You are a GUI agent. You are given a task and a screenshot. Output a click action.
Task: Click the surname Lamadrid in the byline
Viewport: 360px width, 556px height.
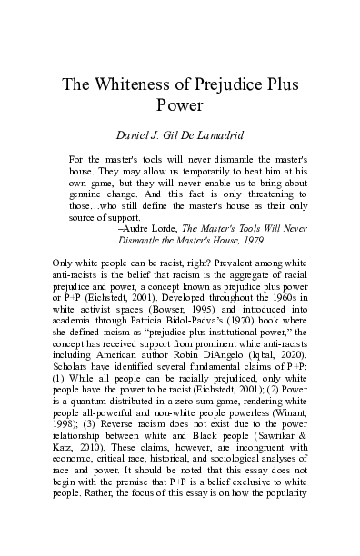click(230, 135)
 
